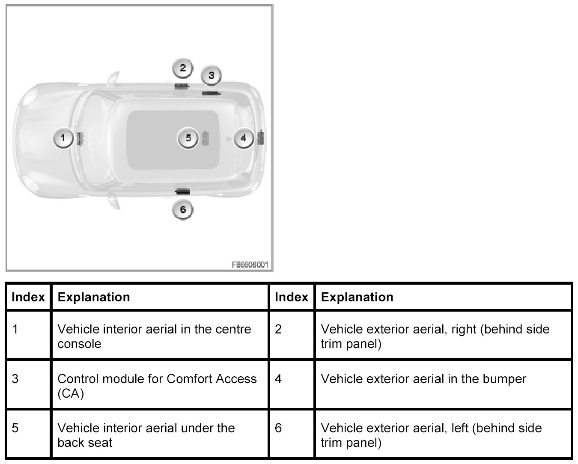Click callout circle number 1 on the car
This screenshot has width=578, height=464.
pos(63,138)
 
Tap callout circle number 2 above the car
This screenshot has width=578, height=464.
pos(183,68)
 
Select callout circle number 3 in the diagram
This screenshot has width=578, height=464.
pos(211,76)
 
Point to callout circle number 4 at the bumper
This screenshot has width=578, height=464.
pos(244,138)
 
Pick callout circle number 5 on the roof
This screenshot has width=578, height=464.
pos(188,138)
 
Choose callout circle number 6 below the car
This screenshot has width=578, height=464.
pos(183,210)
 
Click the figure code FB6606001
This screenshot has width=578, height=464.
pos(250,265)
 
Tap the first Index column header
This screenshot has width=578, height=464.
pos(28,297)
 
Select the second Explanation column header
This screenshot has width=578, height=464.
pos(357,297)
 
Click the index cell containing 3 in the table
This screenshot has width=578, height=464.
pos(15,379)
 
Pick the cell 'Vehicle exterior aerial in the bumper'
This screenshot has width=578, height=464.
pos(423,379)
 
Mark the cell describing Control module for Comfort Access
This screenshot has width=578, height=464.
pos(157,386)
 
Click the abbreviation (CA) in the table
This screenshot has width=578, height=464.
pos(71,393)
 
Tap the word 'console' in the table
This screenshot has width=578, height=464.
pos(79,344)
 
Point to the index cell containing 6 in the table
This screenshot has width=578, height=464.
pos(278,428)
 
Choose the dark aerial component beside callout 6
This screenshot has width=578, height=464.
pos(183,191)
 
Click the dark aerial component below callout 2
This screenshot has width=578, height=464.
pos(182,86)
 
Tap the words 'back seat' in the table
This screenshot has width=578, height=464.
pos(85,443)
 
